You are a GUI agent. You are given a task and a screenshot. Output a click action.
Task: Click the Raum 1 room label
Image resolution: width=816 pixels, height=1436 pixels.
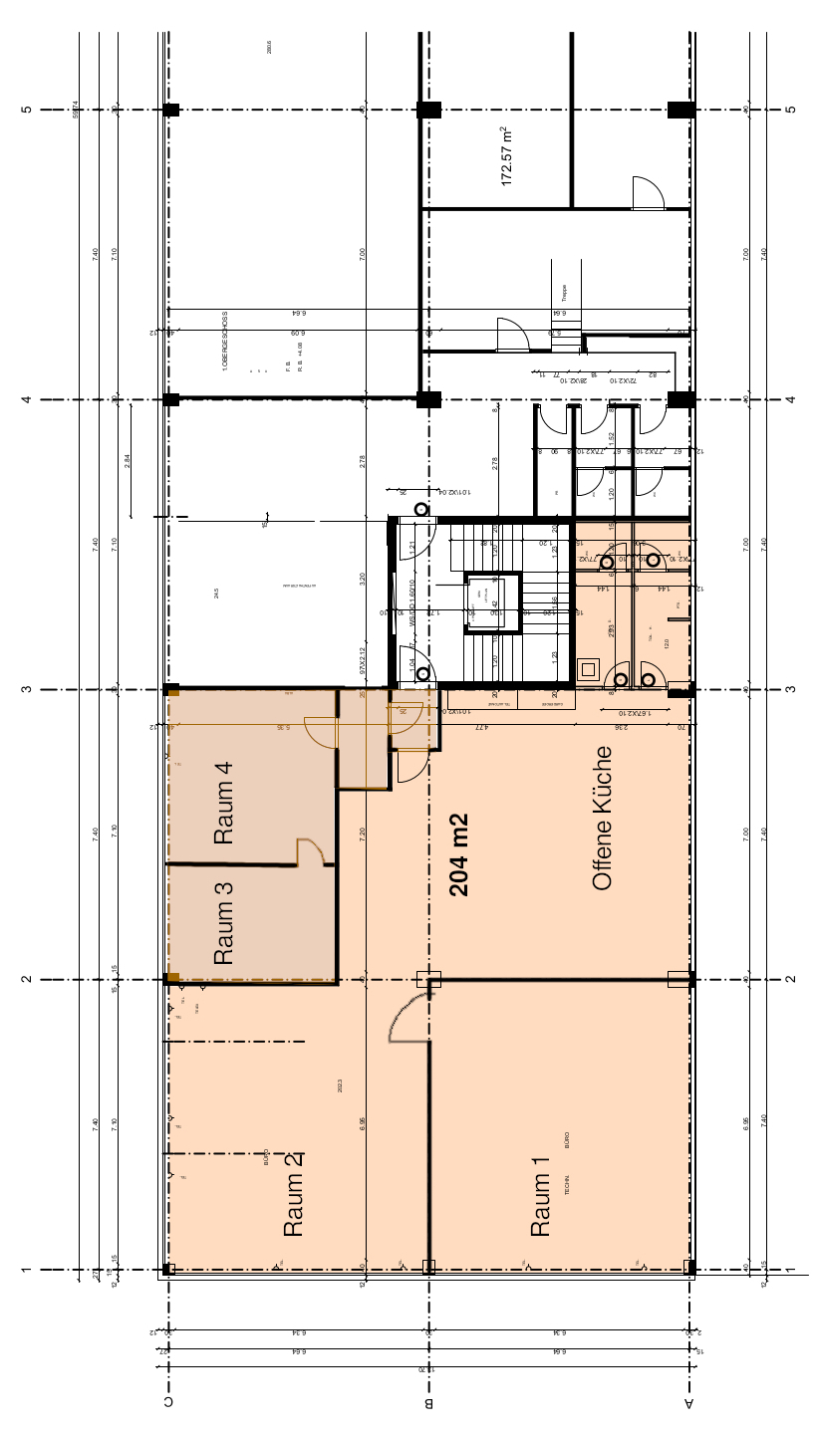click(540, 1204)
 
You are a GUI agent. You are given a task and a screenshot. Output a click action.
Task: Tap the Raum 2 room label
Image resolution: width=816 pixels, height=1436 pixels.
click(293, 1204)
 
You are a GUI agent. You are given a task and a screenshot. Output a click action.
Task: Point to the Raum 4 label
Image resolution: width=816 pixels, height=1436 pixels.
click(224, 803)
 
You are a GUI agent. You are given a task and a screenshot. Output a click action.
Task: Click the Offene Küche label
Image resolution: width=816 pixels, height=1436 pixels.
click(601, 818)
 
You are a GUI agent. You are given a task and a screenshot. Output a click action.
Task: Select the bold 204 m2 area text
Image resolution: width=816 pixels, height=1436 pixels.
click(459, 854)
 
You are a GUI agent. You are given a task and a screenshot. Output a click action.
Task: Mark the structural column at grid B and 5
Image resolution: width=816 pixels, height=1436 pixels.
click(428, 110)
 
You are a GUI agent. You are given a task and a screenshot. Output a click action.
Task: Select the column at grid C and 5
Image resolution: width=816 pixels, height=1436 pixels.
click(171, 110)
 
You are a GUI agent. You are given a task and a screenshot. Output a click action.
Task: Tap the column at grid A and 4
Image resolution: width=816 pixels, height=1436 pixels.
click(681, 399)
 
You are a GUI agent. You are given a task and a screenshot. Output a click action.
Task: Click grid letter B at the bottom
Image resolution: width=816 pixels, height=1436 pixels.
click(428, 1404)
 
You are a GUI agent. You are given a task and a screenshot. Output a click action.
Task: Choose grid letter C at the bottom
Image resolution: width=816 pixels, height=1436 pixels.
click(169, 1404)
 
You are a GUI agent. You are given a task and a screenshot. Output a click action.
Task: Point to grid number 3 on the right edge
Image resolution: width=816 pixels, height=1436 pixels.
click(790, 689)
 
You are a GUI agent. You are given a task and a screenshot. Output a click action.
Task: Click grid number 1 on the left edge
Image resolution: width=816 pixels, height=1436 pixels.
click(26, 1270)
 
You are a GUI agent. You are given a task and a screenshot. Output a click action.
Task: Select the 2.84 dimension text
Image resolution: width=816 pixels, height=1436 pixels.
click(128, 460)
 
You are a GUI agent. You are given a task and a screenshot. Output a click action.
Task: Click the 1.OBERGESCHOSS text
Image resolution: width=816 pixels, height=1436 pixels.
click(226, 341)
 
